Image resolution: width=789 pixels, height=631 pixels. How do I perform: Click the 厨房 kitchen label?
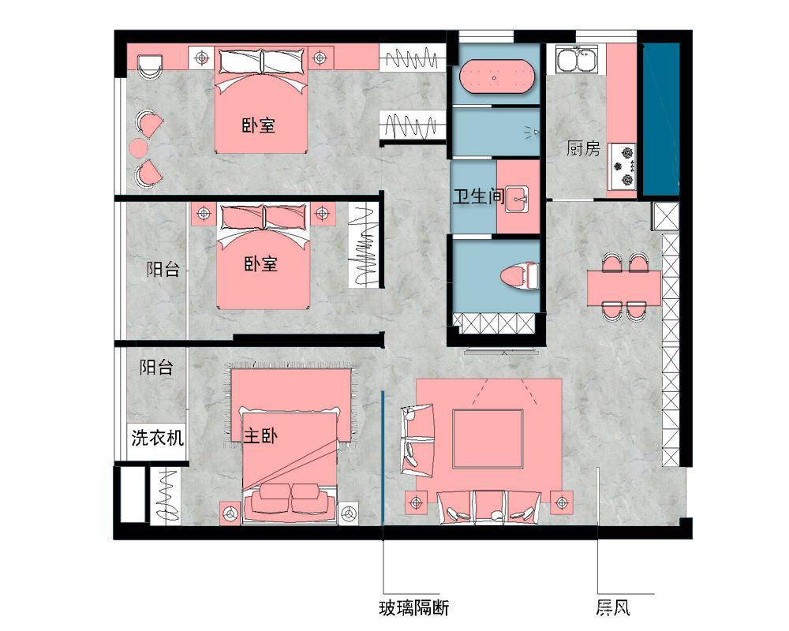point(584,148)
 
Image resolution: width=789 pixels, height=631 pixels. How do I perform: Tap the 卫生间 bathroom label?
point(479,196)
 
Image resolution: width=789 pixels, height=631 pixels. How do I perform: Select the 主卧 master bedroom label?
point(260,435)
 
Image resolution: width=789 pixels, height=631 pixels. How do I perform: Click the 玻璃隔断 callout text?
point(413,608)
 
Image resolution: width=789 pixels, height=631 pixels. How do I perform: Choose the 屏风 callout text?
point(613,608)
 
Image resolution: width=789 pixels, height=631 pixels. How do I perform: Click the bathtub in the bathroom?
point(495,77)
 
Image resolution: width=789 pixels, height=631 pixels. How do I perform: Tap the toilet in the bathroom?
point(520,276)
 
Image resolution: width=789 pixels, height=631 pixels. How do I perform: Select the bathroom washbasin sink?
point(518,200)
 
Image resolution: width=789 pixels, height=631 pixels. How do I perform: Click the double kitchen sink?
point(577,60)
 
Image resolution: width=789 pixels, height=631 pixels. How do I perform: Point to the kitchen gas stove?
point(623,165)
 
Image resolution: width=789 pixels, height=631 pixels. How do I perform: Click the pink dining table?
point(624,288)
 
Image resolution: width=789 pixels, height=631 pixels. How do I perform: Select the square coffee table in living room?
point(488,439)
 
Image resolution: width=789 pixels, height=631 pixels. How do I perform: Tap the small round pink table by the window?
point(138,147)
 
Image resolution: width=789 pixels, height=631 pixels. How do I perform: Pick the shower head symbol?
point(533,132)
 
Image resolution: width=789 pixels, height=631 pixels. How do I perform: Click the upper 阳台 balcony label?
point(163,269)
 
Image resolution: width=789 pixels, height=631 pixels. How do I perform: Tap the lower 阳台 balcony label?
point(156,367)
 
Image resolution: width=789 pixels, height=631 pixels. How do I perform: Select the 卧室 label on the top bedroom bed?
point(259,125)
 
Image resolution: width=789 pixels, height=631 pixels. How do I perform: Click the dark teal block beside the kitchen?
point(660,119)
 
